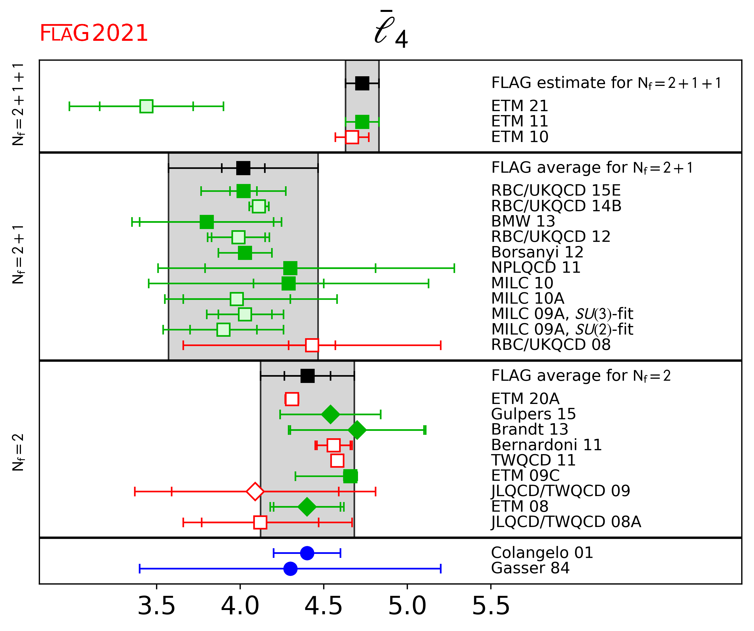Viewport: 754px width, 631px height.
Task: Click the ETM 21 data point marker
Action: point(146,106)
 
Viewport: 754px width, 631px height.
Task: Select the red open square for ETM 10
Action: point(352,137)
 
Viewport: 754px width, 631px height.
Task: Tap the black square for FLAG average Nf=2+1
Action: point(243,168)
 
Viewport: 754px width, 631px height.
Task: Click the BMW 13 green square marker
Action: point(206,222)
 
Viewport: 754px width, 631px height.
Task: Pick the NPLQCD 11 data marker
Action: point(290,268)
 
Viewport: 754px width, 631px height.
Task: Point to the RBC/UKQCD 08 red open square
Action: point(312,345)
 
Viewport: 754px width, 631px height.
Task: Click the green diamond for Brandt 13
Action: point(357,430)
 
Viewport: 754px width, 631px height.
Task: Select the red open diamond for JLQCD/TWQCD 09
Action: point(255,491)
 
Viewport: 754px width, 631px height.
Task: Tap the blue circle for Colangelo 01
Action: point(307,553)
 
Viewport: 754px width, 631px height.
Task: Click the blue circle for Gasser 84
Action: point(290,568)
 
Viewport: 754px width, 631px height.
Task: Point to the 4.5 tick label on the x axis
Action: point(323,606)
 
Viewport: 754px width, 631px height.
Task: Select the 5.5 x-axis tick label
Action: point(491,606)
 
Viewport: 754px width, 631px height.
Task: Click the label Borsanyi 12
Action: point(537,252)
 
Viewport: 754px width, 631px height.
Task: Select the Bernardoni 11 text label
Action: point(546,445)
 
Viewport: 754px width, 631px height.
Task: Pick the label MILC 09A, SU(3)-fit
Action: point(562,314)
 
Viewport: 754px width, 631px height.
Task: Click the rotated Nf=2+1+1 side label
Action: point(18,104)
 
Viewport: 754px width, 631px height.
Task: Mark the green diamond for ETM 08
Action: point(307,507)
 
